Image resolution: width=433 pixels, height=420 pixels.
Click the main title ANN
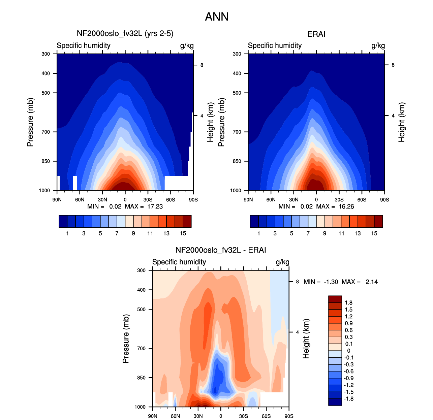(216, 17)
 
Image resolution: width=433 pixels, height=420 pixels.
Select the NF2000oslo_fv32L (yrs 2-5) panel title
(125, 34)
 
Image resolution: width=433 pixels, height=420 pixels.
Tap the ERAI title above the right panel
(316, 34)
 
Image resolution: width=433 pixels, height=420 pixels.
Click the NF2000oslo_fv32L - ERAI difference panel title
(220, 250)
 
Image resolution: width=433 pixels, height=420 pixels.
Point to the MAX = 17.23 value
(144, 206)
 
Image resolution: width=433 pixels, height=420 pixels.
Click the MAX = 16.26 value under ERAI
(335, 206)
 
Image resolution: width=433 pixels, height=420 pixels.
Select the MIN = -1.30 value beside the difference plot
(321, 282)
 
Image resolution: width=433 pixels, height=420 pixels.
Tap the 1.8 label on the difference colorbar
(348, 302)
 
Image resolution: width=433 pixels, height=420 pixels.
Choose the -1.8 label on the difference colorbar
(348, 399)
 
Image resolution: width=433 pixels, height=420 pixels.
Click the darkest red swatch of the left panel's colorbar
(187, 221)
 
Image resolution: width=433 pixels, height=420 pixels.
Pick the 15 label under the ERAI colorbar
(374, 233)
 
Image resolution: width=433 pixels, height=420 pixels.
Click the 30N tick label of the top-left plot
(102, 199)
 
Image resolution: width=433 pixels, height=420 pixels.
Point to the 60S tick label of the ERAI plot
(362, 199)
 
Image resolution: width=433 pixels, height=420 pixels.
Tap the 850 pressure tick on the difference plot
(141, 378)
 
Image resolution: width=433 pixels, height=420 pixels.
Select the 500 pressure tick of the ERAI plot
(237, 93)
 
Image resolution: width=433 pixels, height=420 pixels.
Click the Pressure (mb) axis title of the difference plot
(126, 338)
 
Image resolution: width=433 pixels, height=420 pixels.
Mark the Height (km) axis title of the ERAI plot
(401, 122)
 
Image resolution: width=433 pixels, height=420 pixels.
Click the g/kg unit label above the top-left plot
(187, 45)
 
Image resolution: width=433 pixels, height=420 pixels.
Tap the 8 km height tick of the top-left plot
(202, 65)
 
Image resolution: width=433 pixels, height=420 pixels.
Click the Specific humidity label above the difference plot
(179, 262)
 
